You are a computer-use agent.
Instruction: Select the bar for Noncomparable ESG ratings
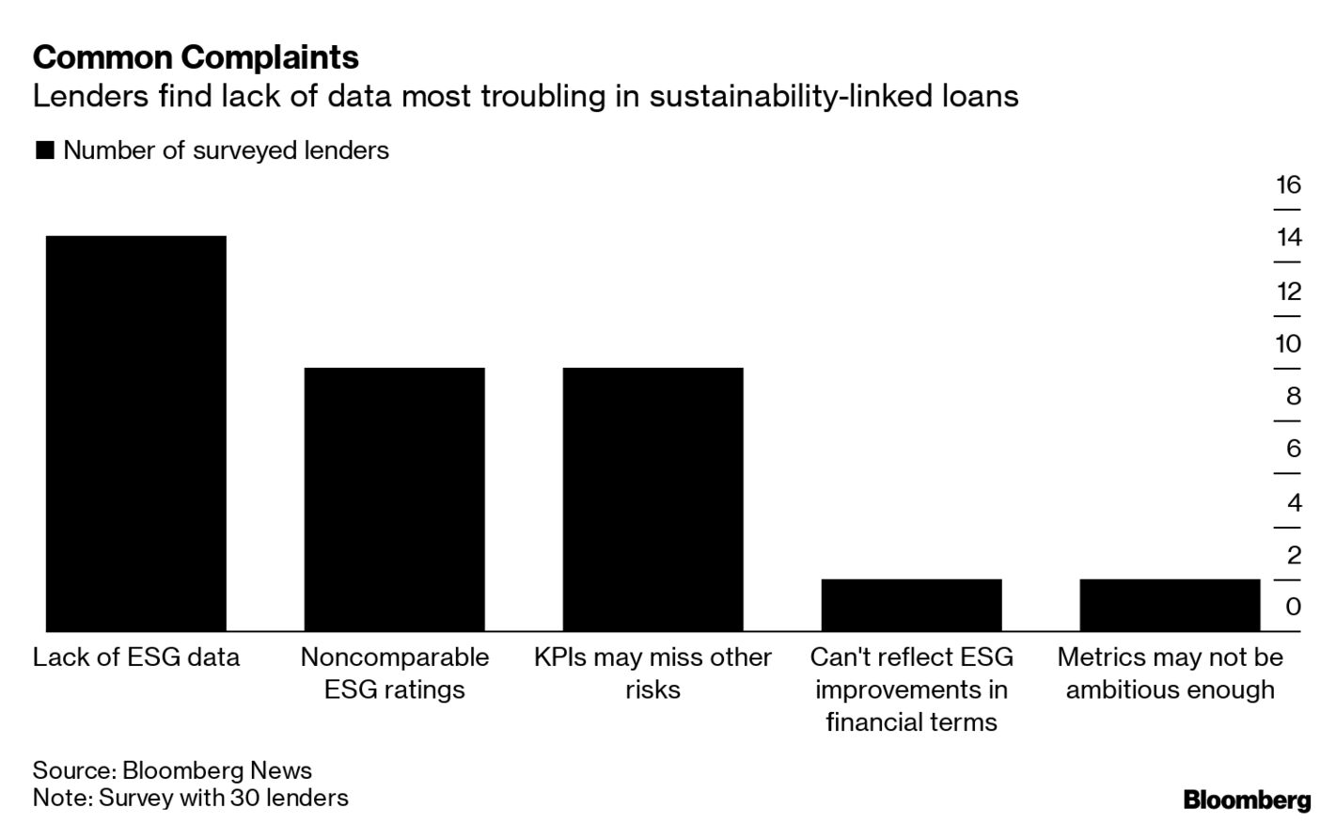point(394,499)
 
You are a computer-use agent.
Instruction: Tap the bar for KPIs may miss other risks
point(652,499)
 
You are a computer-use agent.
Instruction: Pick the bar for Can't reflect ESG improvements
point(911,605)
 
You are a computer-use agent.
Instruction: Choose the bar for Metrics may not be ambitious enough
point(1170,605)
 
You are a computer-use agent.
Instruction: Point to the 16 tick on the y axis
point(1288,184)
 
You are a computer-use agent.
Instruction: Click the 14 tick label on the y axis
point(1288,237)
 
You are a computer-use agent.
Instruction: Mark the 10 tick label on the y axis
point(1288,343)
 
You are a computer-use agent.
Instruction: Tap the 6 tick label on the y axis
point(1294,449)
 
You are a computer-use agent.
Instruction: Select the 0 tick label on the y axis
point(1294,607)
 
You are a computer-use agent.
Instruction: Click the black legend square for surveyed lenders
point(44,151)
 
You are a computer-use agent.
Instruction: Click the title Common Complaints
point(196,57)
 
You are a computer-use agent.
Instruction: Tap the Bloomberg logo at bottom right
point(1247,800)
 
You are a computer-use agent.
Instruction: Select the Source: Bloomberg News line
point(172,770)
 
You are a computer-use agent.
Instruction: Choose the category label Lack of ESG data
point(136,657)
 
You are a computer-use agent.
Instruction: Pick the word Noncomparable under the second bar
point(394,657)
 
